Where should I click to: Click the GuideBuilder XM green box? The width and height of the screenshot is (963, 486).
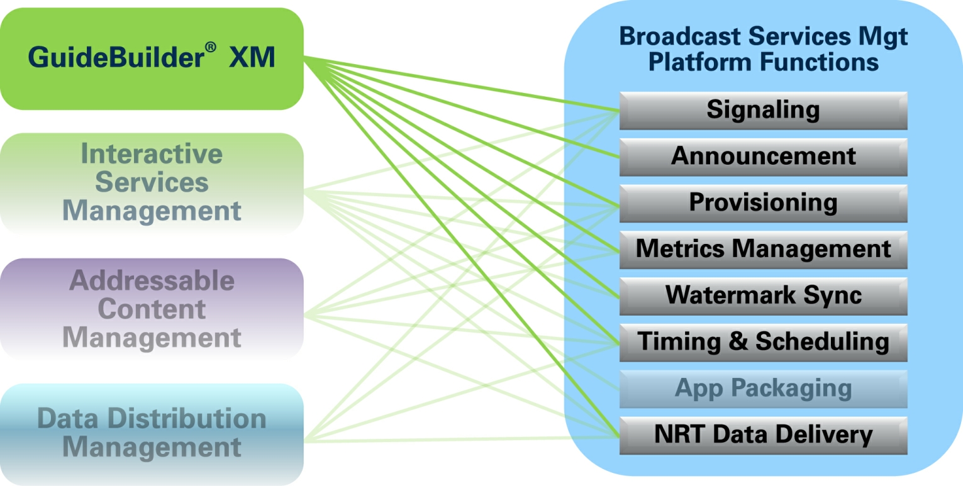click(x=152, y=58)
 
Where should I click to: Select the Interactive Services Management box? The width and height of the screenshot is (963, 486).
click(x=152, y=183)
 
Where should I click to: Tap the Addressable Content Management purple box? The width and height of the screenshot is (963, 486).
click(x=152, y=309)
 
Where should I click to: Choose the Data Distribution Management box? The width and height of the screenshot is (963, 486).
click(x=152, y=434)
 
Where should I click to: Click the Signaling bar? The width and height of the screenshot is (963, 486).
click(x=763, y=111)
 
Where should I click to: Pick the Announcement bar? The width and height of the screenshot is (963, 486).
click(x=763, y=157)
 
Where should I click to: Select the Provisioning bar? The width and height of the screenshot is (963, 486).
click(x=763, y=203)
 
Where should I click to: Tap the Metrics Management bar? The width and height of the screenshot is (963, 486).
click(x=763, y=250)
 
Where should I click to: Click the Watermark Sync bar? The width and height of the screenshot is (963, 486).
click(x=763, y=296)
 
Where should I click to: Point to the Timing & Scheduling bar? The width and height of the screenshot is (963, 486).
click(x=763, y=343)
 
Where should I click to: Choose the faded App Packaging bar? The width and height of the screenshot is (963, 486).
click(x=763, y=389)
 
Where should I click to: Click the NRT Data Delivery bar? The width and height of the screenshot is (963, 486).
click(x=763, y=435)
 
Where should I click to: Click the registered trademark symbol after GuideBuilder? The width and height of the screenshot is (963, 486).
click(x=210, y=47)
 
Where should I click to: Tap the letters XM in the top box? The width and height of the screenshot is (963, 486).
click(x=252, y=57)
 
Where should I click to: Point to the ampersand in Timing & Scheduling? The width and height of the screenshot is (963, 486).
click(x=738, y=341)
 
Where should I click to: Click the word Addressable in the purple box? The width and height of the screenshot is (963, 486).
click(x=152, y=280)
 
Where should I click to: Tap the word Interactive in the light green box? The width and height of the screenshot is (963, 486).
click(x=152, y=154)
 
